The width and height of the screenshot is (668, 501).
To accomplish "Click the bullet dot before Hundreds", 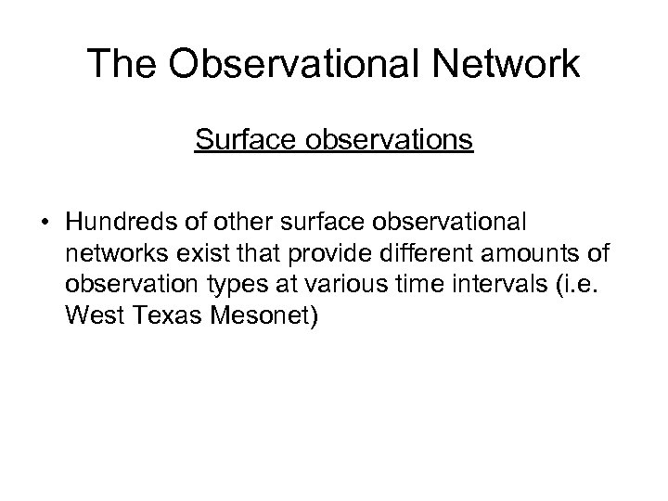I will click(x=45, y=224).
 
